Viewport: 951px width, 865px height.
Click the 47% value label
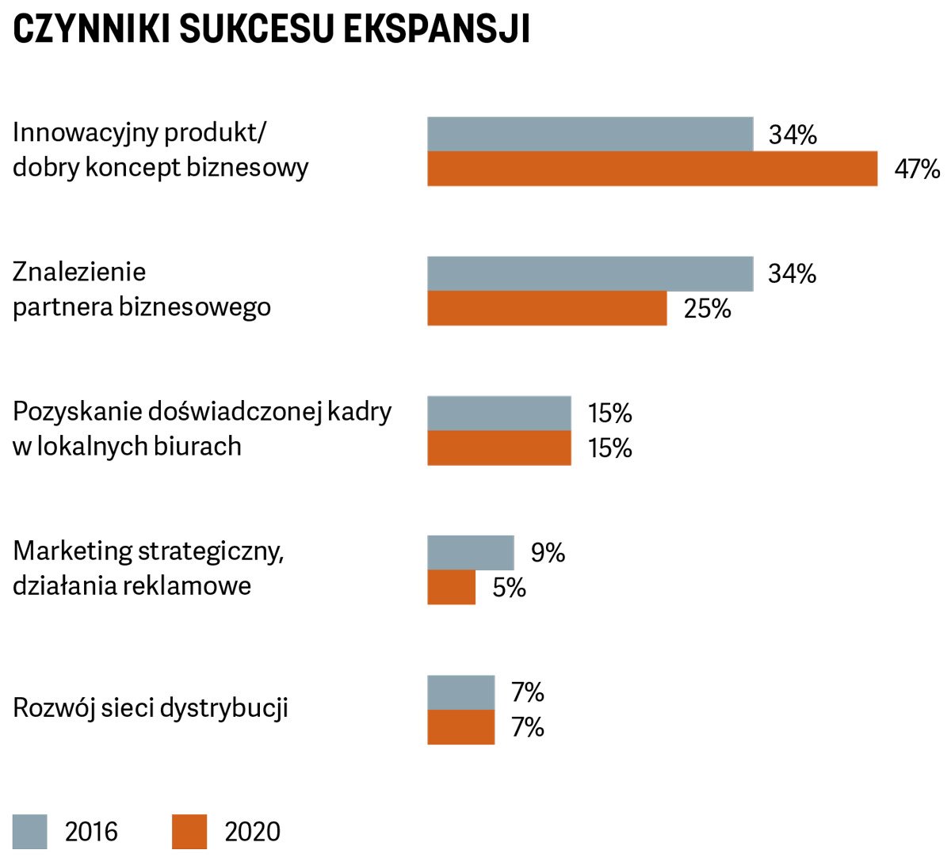click(x=917, y=169)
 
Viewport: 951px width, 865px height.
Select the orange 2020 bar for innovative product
click(x=652, y=169)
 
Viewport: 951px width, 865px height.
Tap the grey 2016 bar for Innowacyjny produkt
click(x=590, y=134)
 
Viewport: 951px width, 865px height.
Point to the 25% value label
click(x=707, y=308)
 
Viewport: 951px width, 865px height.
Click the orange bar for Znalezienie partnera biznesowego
click(x=547, y=308)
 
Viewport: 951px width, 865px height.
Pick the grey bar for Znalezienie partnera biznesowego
click(x=590, y=273)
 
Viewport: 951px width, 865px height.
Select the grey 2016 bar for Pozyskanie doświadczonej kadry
click(x=499, y=413)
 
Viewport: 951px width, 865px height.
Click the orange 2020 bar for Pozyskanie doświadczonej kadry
click(x=499, y=448)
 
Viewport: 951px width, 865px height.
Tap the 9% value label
click(x=548, y=552)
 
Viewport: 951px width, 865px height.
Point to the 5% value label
click(x=509, y=587)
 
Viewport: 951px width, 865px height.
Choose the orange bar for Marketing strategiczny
click(x=452, y=587)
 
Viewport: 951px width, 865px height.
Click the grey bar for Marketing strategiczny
click(x=471, y=552)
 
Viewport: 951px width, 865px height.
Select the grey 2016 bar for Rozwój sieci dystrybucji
click(x=461, y=692)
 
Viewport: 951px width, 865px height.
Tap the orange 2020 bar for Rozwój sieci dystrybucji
click(x=461, y=726)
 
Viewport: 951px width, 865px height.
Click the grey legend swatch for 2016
click(x=30, y=832)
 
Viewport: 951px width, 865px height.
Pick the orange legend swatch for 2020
click(x=189, y=832)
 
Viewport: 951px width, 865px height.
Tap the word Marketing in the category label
click(x=73, y=551)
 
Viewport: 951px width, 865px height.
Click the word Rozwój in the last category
click(x=53, y=707)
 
